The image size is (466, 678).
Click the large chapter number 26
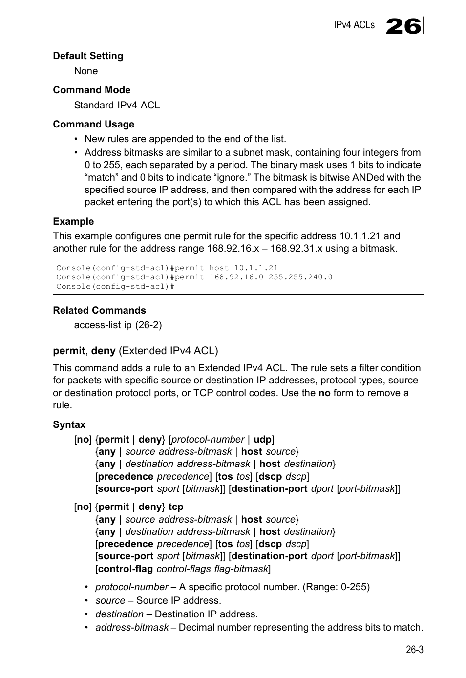[403, 26]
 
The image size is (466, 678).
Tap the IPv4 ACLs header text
[354, 25]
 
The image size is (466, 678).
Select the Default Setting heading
[88, 56]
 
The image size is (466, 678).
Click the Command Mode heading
[91, 90]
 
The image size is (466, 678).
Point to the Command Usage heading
[93, 124]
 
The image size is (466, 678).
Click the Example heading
[73, 221]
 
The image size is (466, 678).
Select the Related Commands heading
[99, 310]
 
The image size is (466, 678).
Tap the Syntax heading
[69, 424]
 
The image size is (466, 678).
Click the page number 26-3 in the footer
[414, 649]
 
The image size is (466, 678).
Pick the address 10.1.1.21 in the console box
[255, 268]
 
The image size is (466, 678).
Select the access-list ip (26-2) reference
[118, 325]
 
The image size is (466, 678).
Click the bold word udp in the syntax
[262, 439]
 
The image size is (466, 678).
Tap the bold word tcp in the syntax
[176, 507]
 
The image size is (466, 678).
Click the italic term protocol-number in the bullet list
[131, 587]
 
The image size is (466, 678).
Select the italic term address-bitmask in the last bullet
[132, 627]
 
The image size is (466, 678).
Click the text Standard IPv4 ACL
[117, 105]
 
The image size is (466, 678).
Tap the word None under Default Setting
[86, 71]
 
